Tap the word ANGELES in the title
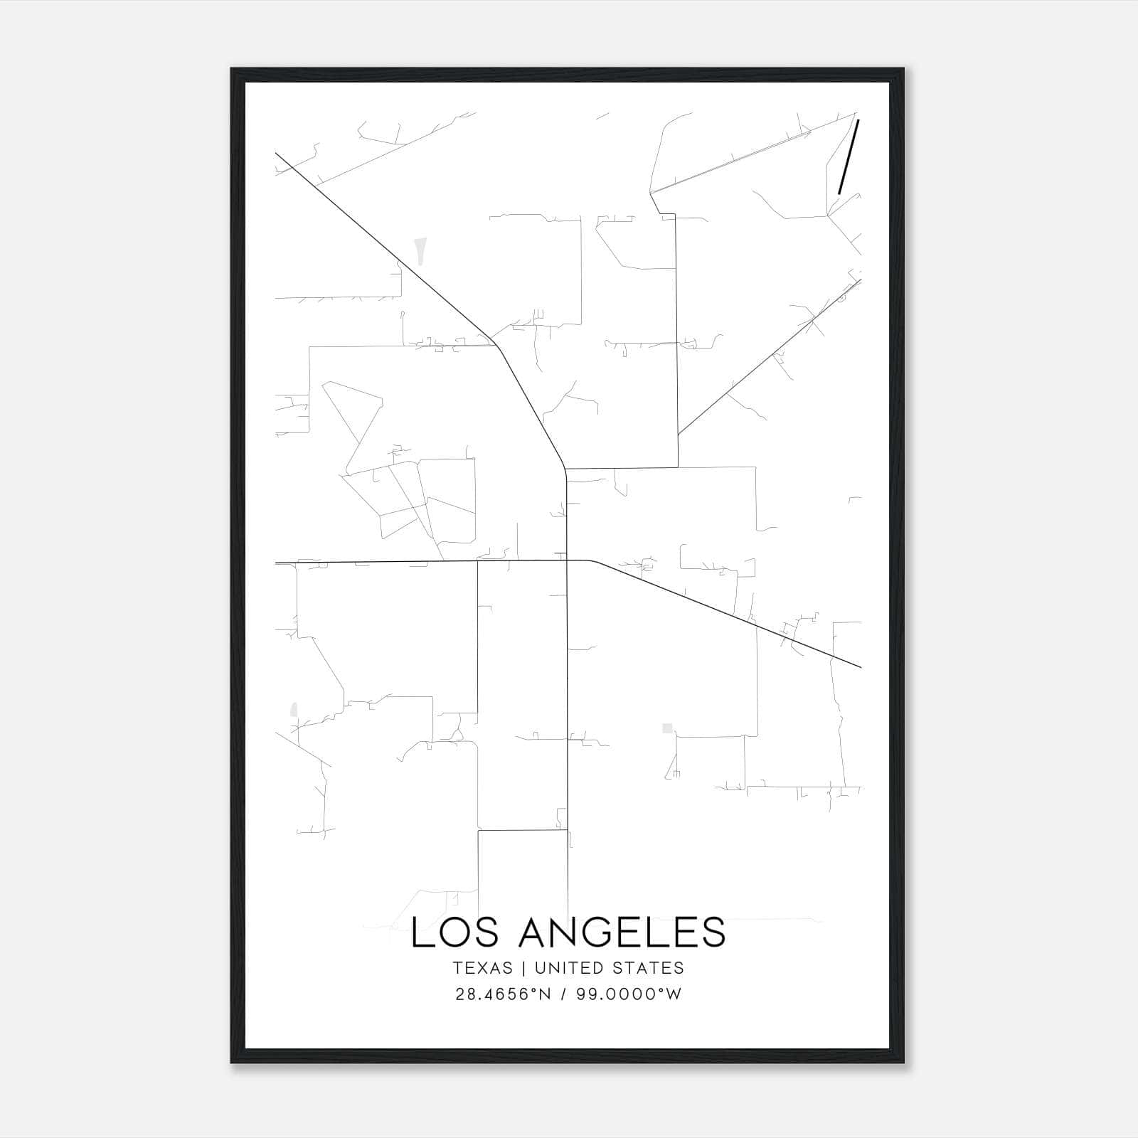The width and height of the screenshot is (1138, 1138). pos(622,932)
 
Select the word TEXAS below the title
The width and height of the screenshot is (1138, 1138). pos(482,968)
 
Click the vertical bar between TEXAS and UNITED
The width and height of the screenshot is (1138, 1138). pos(523,968)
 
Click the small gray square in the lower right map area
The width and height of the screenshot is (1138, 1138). pos(667,728)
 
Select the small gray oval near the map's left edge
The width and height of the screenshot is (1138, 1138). pos(293,709)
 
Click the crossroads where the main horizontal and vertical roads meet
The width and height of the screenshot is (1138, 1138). pos(567,560)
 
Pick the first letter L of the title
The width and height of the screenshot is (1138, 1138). pos(420,932)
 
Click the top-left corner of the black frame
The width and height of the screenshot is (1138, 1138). pos(232,69)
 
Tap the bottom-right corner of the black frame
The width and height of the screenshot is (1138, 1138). pos(903,1063)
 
